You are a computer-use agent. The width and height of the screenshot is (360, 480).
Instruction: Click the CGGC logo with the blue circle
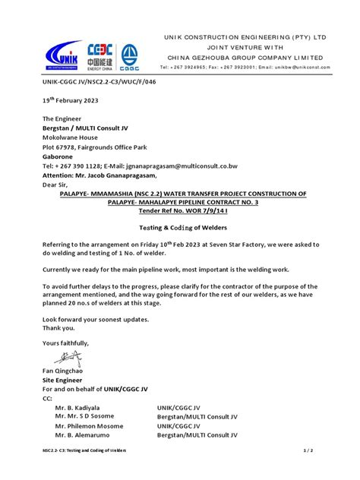click(130, 54)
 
